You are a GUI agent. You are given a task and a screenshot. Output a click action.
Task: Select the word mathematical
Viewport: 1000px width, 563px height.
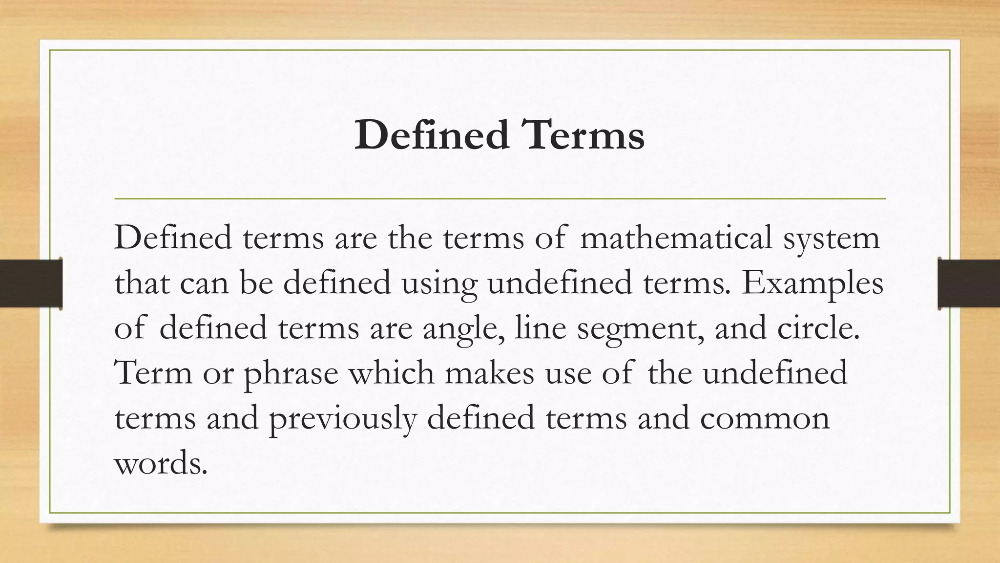pos(676,238)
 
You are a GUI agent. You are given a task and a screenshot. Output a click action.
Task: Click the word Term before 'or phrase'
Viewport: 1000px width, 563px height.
pos(153,373)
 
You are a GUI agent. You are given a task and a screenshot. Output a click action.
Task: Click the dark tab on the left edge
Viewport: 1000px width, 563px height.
pos(31,283)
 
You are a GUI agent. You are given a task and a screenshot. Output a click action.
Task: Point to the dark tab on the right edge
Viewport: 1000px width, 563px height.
pos(969,283)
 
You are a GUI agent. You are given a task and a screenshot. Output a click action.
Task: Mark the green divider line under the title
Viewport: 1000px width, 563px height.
pos(500,199)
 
